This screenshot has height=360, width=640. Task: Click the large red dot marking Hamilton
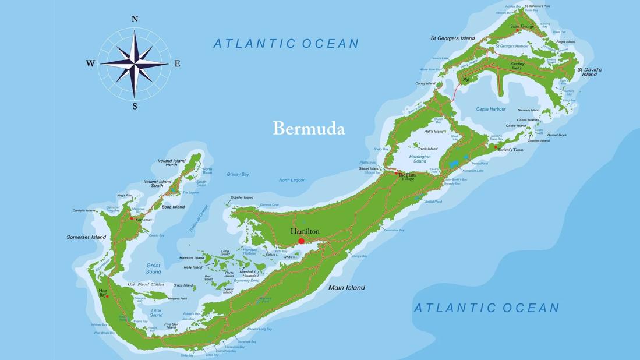[301, 241]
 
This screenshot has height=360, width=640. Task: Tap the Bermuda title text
[309, 129]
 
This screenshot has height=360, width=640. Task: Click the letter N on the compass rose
[135, 19]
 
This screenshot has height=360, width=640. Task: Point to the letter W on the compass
[90, 63]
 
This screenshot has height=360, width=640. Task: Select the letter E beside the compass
[177, 63]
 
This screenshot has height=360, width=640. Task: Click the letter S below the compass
[135, 107]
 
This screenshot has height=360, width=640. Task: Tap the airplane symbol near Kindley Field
[465, 79]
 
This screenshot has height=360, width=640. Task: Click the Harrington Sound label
[419, 158]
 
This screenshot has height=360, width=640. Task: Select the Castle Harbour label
[490, 109]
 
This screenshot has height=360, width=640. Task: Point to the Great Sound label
[153, 269]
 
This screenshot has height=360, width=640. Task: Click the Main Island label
[346, 287]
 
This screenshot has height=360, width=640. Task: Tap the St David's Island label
[589, 72]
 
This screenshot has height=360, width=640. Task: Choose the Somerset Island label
[86, 237]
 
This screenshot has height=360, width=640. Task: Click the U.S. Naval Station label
[146, 284]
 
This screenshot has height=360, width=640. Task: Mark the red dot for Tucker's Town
[496, 147]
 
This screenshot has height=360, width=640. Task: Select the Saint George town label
[522, 26]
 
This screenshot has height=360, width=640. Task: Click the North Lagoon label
[292, 180]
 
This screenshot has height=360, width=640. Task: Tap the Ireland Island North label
[172, 163]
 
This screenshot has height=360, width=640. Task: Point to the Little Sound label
[156, 313]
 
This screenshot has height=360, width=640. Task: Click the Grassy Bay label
[238, 174]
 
